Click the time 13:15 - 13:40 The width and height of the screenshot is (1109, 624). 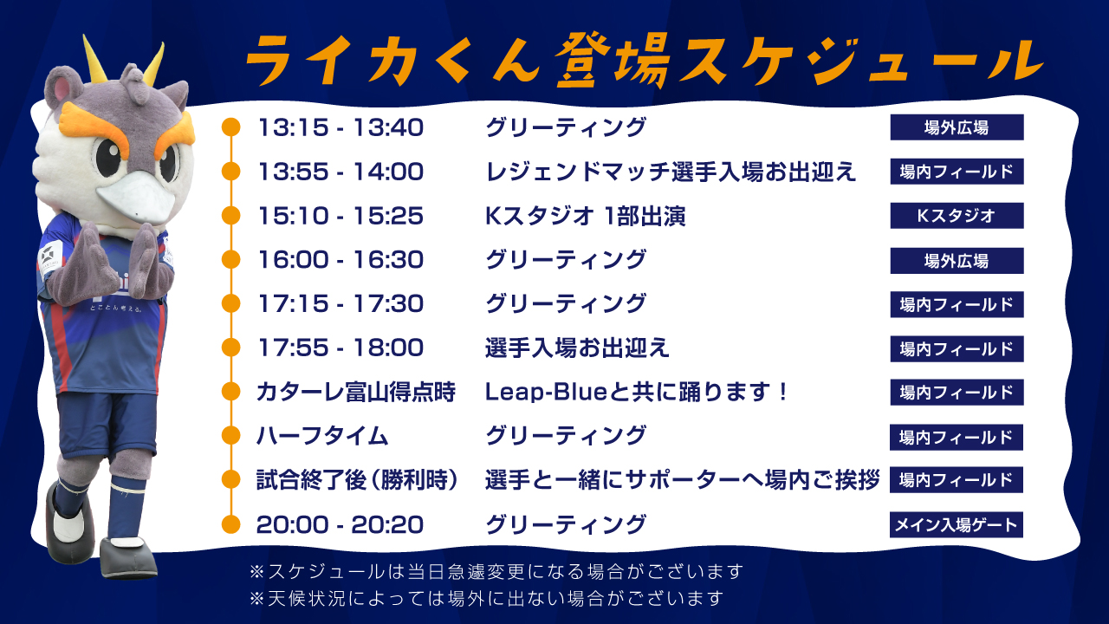(340, 127)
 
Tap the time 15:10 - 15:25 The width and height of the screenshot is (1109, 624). (340, 216)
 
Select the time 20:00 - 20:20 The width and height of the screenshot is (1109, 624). (340, 524)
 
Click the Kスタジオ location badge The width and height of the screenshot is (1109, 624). (957, 216)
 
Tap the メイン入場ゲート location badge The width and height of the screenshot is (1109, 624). (956, 524)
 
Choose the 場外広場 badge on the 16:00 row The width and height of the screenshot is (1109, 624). (957, 261)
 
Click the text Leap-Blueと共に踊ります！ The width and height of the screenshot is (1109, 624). (636, 393)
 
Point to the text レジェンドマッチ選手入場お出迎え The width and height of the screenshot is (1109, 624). (671, 172)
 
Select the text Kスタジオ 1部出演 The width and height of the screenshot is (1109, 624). (585, 216)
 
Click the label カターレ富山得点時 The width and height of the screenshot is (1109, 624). (355, 393)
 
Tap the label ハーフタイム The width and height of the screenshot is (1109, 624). (321, 436)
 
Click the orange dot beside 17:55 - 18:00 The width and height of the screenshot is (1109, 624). (230, 348)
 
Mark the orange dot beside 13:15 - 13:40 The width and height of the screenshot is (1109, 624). (230, 127)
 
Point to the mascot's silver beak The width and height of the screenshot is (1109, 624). (136, 198)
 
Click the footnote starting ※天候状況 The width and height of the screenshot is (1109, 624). (486, 599)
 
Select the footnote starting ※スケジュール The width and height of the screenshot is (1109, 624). (496, 571)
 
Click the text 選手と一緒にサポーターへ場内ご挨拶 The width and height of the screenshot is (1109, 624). (682, 480)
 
